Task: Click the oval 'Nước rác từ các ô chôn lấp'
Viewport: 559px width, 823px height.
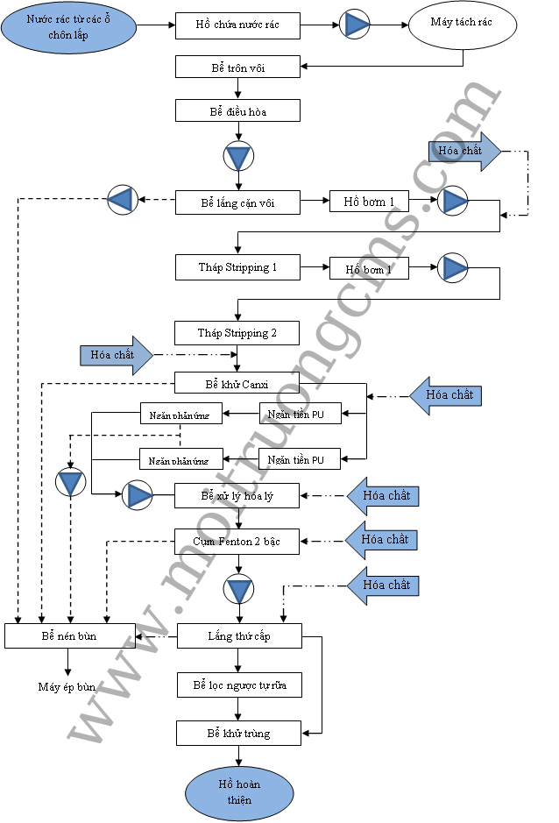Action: tap(69, 25)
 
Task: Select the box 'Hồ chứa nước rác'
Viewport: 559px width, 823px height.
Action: tap(237, 25)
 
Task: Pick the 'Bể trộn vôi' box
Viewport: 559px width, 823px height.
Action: tap(237, 67)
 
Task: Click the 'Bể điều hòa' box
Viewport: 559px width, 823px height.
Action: tap(237, 110)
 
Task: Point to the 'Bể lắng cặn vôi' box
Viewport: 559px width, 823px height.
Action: tap(237, 202)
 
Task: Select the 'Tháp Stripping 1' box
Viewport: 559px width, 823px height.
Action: tap(237, 266)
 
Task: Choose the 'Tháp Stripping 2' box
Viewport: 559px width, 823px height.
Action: tap(237, 332)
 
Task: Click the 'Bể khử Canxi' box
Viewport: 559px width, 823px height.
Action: tap(237, 383)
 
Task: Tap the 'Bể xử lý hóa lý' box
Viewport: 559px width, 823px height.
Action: tap(237, 496)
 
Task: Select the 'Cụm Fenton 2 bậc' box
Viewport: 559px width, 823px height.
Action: tap(237, 540)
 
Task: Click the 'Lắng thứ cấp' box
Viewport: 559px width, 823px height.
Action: tap(239, 635)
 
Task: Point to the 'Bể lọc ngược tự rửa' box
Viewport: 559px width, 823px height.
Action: tap(239, 685)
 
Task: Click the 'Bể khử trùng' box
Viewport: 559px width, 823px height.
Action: tap(239, 733)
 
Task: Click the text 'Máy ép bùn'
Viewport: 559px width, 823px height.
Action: tap(67, 686)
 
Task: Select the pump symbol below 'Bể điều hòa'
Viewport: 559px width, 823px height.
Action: tap(237, 157)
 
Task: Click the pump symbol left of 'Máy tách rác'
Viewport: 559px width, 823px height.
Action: tap(356, 25)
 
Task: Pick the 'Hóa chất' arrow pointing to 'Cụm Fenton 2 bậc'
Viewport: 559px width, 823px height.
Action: tap(379, 540)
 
